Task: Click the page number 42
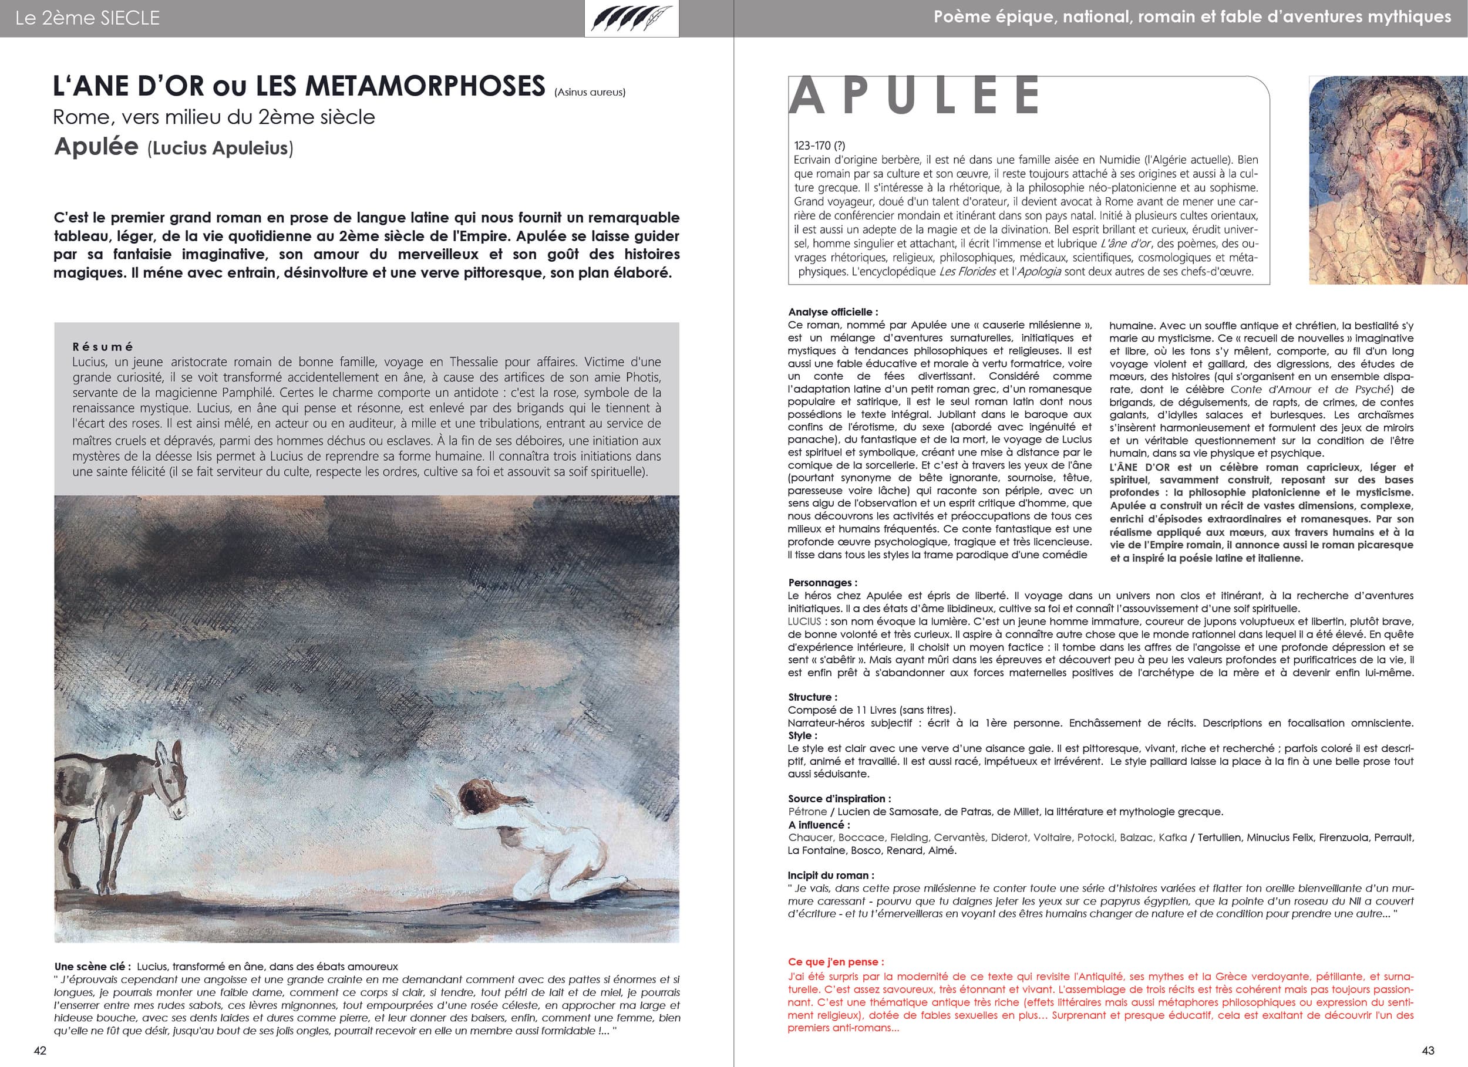(40, 1050)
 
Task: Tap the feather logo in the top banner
(631, 18)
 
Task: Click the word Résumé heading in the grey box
(103, 347)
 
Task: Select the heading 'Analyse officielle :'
(833, 312)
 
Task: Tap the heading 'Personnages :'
(823, 582)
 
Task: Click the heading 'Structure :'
(812, 697)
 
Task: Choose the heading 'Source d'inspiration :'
(839, 798)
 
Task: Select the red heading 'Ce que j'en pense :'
(836, 961)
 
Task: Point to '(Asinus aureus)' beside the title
(589, 93)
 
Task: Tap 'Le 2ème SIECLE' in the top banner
(87, 18)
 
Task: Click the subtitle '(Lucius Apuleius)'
(220, 148)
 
